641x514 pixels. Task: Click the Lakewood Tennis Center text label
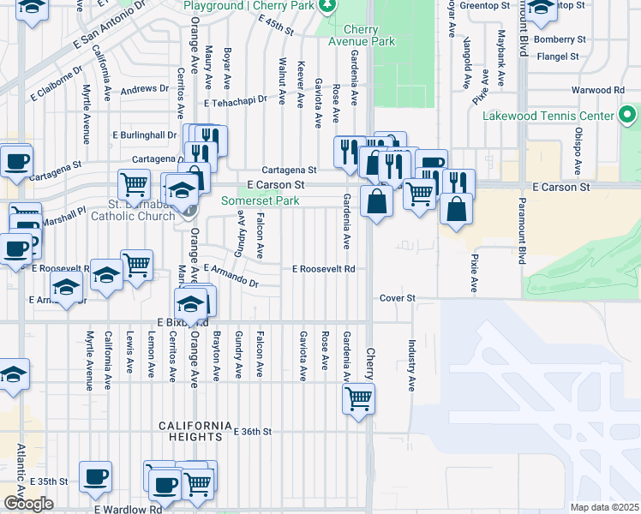(548, 116)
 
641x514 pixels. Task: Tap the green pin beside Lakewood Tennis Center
(627, 115)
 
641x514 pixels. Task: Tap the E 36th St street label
(253, 432)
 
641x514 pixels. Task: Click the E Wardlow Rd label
(128, 509)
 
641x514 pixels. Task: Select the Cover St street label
(398, 298)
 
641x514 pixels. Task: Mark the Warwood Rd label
(599, 90)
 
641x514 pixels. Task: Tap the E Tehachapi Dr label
(236, 100)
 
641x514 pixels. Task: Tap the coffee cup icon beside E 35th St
(95, 478)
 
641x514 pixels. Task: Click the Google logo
(28, 504)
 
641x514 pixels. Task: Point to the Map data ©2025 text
(604, 507)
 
